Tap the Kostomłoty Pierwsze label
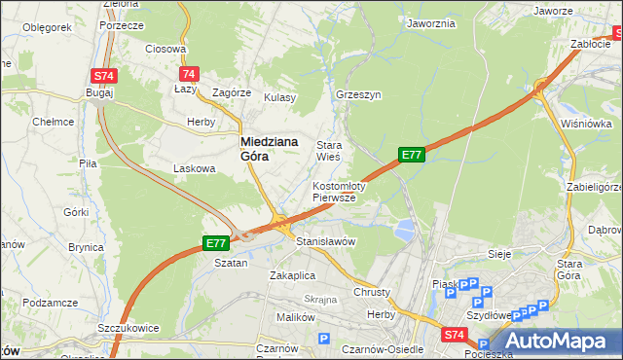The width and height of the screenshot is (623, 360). (x=338, y=191)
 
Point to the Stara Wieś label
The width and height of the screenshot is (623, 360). (x=328, y=151)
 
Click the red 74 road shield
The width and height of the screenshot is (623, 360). (x=189, y=74)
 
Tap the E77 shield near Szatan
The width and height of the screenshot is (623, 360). (x=215, y=242)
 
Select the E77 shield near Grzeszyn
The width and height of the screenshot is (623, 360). (x=412, y=154)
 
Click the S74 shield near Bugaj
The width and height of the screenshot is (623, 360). (x=104, y=75)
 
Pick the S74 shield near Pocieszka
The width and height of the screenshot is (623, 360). (x=455, y=335)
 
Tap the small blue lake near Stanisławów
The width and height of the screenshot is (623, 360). (x=403, y=231)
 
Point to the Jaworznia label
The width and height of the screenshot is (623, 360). (x=431, y=23)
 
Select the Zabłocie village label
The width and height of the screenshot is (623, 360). (x=591, y=44)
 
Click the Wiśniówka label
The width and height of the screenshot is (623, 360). (x=586, y=124)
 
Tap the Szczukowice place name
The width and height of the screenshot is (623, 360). (x=128, y=328)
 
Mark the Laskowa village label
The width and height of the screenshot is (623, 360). (x=194, y=168)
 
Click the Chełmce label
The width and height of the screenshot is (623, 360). (x=54, y=122)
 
